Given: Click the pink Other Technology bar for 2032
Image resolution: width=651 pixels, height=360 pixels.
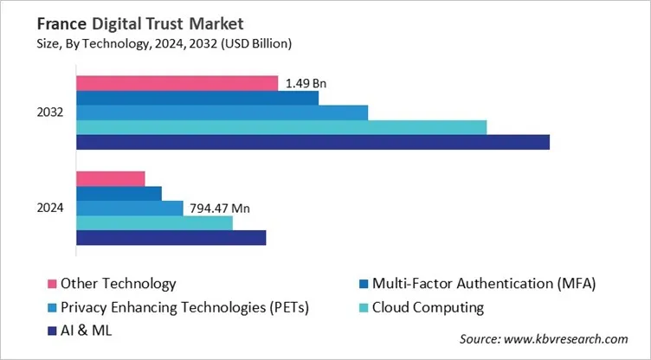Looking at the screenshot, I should [x=177, y=83].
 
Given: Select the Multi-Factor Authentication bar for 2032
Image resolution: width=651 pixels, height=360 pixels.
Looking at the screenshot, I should [x=197, y=98].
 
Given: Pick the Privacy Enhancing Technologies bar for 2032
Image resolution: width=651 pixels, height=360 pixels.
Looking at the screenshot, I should [x=222, y=112].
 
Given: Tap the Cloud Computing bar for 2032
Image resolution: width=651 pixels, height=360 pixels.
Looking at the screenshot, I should [x=281, y=127].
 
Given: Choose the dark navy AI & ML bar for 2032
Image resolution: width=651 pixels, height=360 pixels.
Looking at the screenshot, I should [x=313, y=142].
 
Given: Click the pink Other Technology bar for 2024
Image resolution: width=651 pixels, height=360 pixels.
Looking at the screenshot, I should [x=111, y=178].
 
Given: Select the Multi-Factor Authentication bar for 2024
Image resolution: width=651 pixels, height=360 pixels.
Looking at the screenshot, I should [x=119, y=193].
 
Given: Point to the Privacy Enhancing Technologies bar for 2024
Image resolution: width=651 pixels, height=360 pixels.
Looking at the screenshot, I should [x=130, y=208].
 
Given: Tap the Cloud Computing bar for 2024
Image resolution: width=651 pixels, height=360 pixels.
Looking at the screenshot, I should [x=155, y=222].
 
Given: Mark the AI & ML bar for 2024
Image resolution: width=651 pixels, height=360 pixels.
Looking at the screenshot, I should [x=171, y=237].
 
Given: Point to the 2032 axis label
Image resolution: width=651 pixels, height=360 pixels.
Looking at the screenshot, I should [x=49, y=112].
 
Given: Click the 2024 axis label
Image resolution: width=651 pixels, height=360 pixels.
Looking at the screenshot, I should [x=49, y=209].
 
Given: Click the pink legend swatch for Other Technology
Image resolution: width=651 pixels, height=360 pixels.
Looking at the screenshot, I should [x=50, y=284].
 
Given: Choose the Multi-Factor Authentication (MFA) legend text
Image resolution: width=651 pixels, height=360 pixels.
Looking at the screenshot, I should [x=484, y=284].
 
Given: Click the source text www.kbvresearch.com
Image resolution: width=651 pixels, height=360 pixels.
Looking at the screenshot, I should [x=544, y=339].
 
